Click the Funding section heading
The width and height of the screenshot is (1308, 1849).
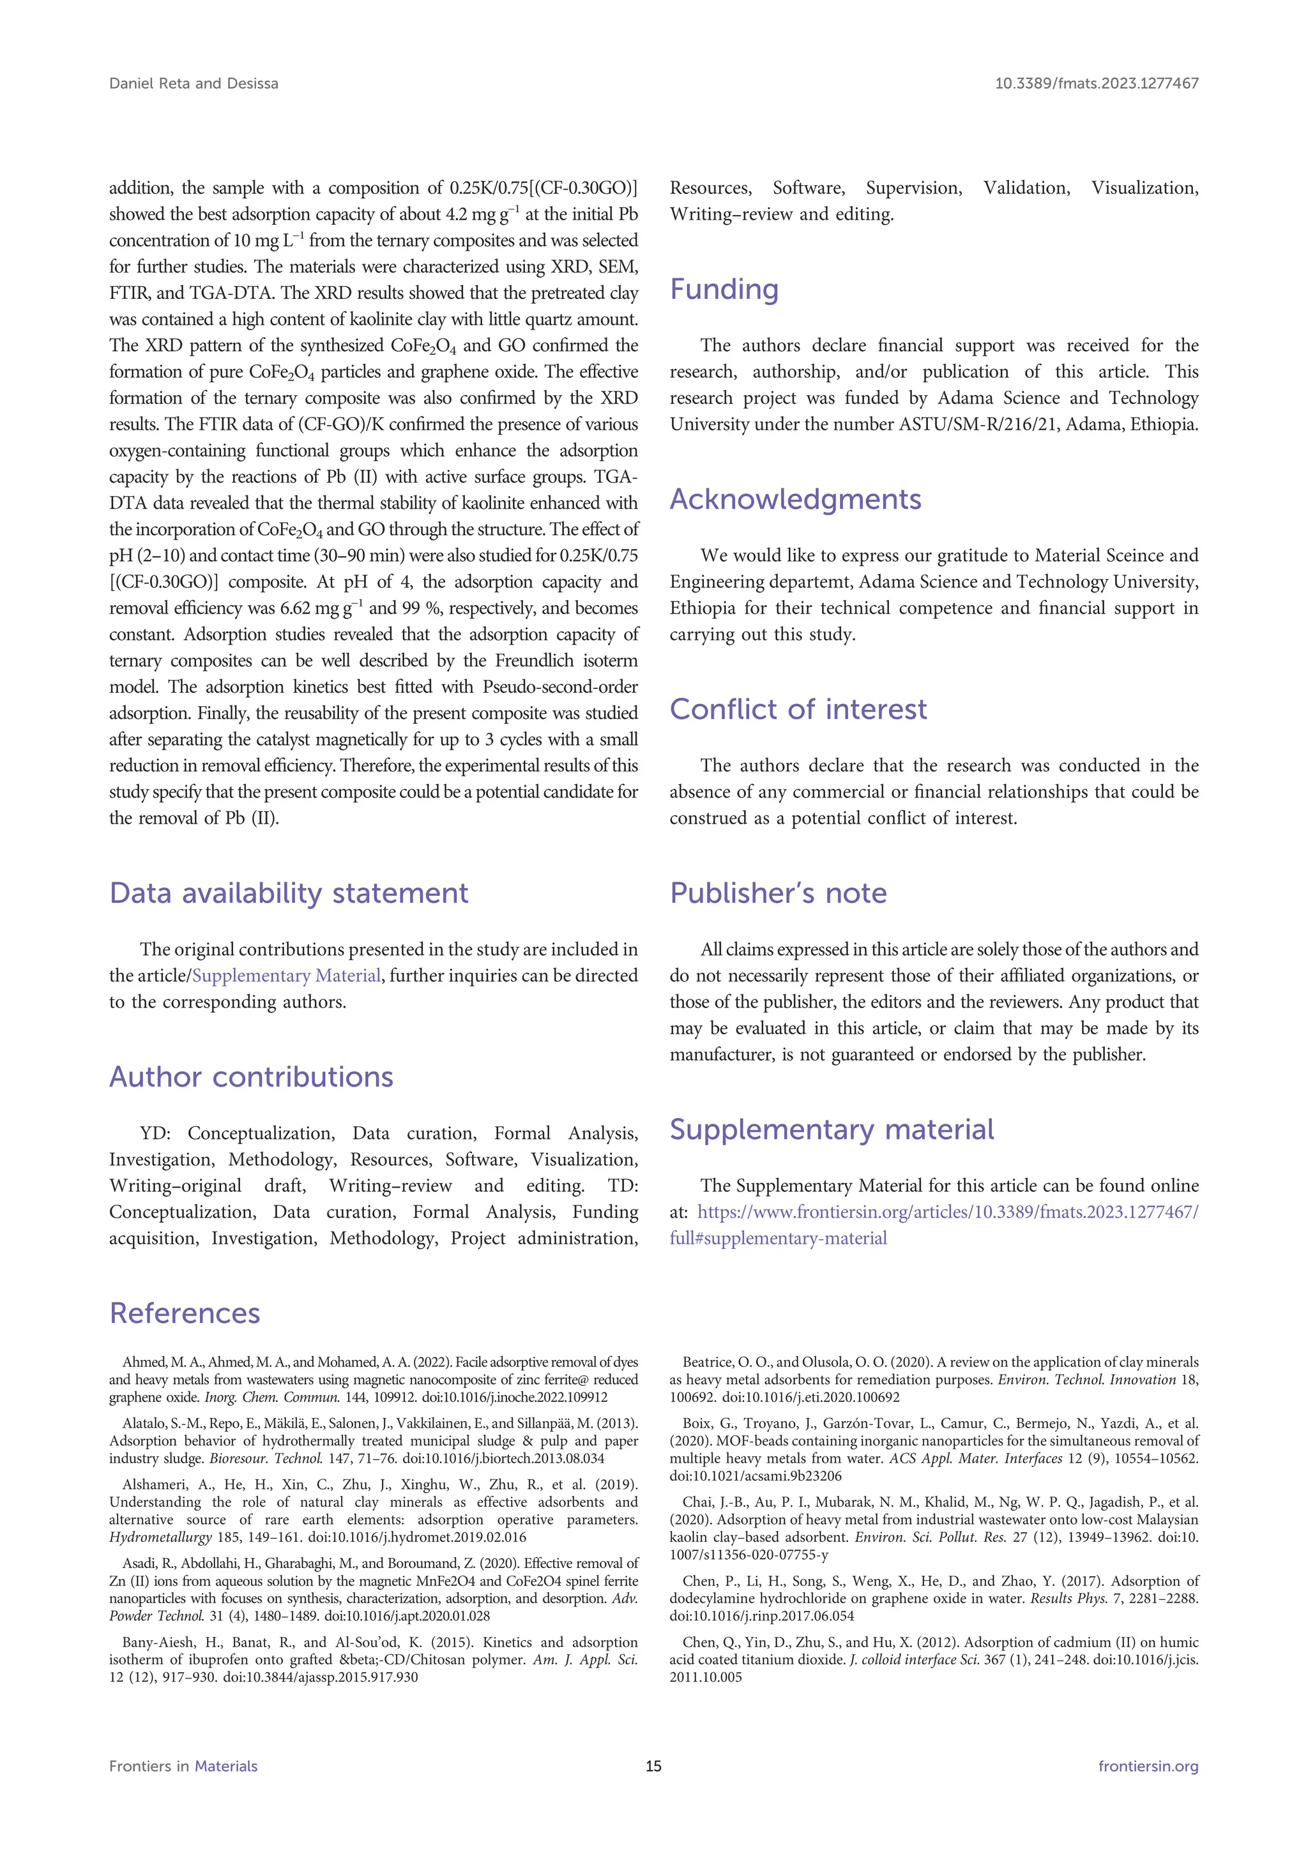tap(724, 290)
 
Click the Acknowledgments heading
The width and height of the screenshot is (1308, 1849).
tap(795, 500)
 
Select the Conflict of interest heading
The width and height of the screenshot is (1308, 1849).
tap(798, 710)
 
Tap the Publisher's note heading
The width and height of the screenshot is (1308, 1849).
tap(778, 894)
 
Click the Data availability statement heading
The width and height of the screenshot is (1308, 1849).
tap(288, 894)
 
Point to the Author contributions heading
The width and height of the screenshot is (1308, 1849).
tap(251, 1078)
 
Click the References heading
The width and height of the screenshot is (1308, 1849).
tap(185, 1313)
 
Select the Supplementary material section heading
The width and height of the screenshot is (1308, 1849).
tap(831, 1130)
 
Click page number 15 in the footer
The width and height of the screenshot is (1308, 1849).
tap(653, 1766)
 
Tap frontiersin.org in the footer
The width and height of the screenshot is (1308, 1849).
tap(1148, 1766)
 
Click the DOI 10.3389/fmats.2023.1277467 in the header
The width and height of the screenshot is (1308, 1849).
tap(1096, 84)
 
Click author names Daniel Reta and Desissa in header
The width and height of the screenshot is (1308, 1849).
tap(194, 84)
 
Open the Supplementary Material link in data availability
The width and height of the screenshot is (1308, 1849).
tap(286, 976)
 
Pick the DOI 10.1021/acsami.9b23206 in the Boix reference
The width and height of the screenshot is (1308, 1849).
tap(756, 1476)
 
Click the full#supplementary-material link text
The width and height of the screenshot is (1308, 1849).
tap(778, 1239)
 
